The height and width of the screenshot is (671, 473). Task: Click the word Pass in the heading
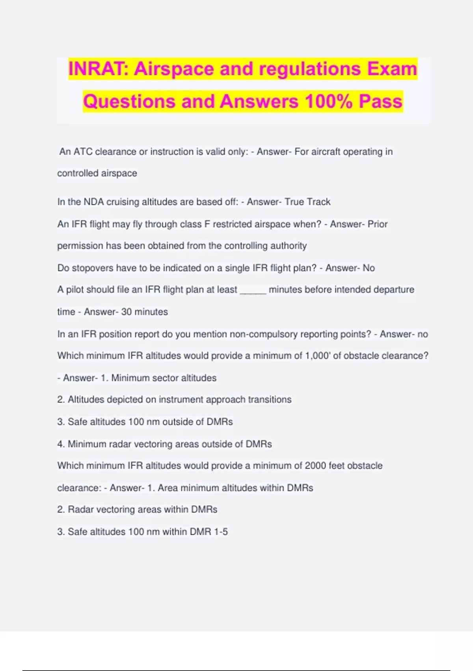click(380, 101)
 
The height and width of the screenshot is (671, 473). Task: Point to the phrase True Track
click(307, 202)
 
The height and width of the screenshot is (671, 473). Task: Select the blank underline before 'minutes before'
click(253, 290)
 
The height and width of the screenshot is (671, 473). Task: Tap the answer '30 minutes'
click(144, 312)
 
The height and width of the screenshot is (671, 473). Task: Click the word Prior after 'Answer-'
click(378, 224)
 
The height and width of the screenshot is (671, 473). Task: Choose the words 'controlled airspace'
click(97, 173)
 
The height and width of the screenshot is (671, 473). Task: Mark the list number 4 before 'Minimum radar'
click(60, 444)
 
